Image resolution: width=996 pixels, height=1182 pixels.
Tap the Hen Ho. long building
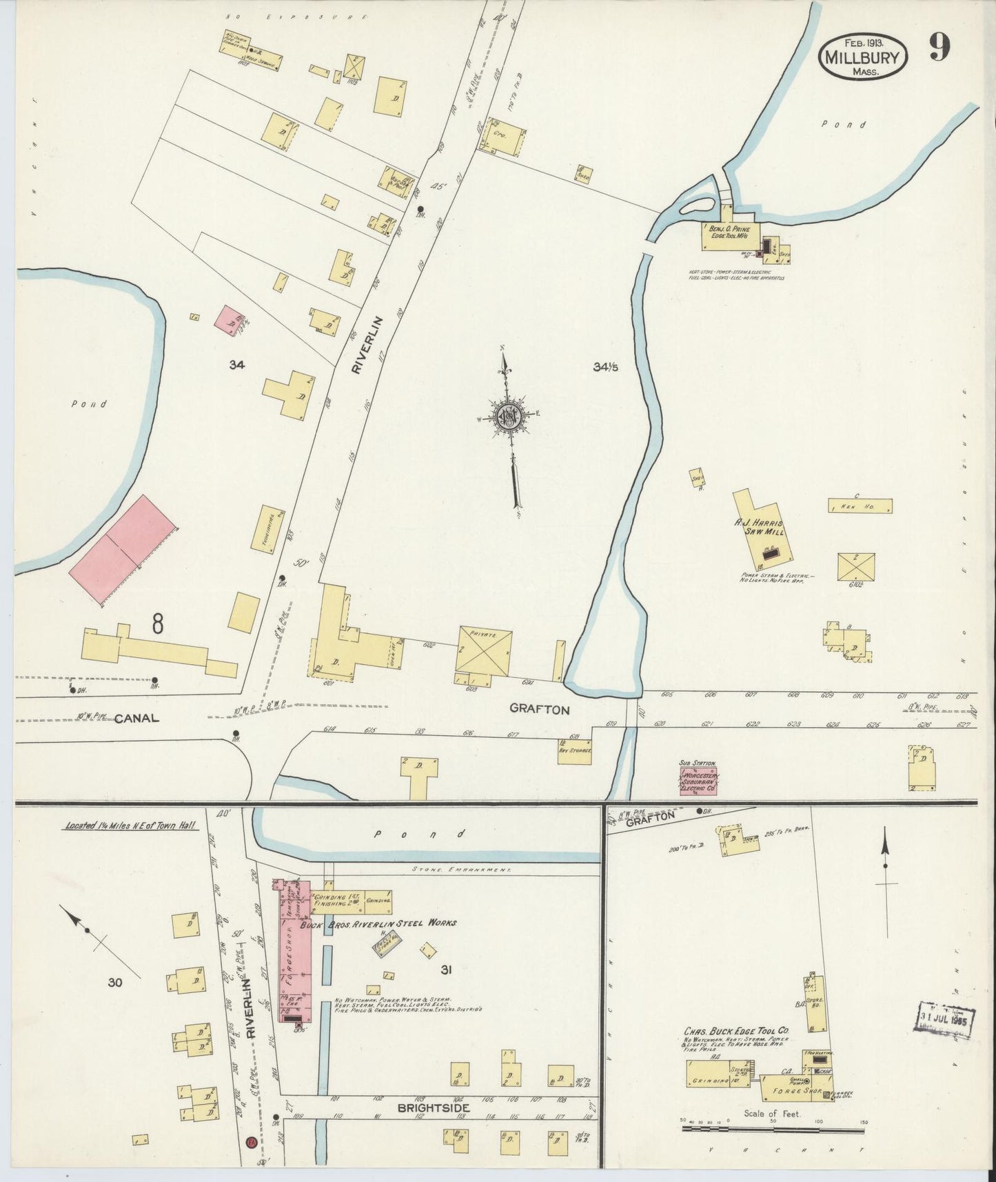coord(860,505)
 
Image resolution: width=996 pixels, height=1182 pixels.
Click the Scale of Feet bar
coord(772,1130)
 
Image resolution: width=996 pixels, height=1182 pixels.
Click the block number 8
coord(158,625)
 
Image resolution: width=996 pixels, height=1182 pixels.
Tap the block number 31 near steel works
coord(446,970)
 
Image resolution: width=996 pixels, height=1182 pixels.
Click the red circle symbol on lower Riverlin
coord(252,1143)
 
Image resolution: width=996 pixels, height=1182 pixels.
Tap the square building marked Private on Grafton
coord(484,650)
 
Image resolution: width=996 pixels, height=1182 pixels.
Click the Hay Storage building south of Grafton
coord(576,750)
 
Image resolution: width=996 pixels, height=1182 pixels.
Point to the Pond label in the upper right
coord(853,125)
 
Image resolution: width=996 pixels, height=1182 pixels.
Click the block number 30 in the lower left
coord(114,981)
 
